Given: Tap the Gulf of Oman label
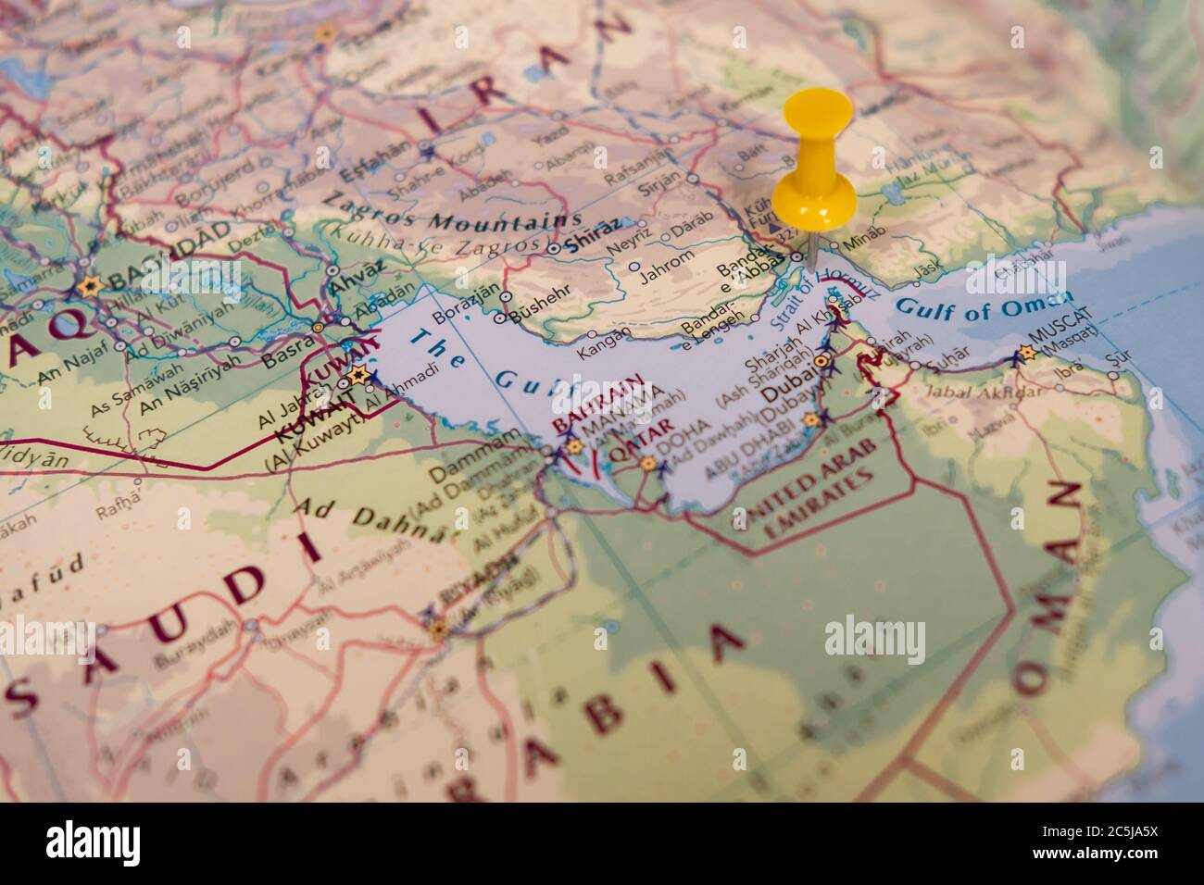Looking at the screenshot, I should tap(985, 305).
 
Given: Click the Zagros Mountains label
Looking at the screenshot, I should tap(451, 212).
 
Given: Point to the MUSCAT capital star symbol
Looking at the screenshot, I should tap(1024, 352).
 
